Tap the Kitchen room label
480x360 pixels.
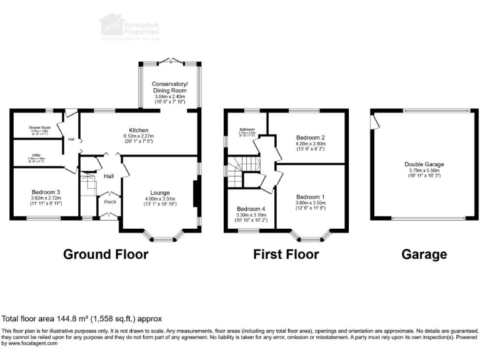click(x=139, y=129)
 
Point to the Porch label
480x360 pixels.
click(x=109, y=202)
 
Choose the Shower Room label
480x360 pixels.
click(x=39, y=127)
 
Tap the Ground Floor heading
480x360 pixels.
click(x=106, y=254)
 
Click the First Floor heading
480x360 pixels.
click(x=286, y=254)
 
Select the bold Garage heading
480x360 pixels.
click(x=424, y=254)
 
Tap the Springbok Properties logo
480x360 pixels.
click(x=124, y=26)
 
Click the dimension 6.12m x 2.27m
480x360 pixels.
click(x=139, y=136)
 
